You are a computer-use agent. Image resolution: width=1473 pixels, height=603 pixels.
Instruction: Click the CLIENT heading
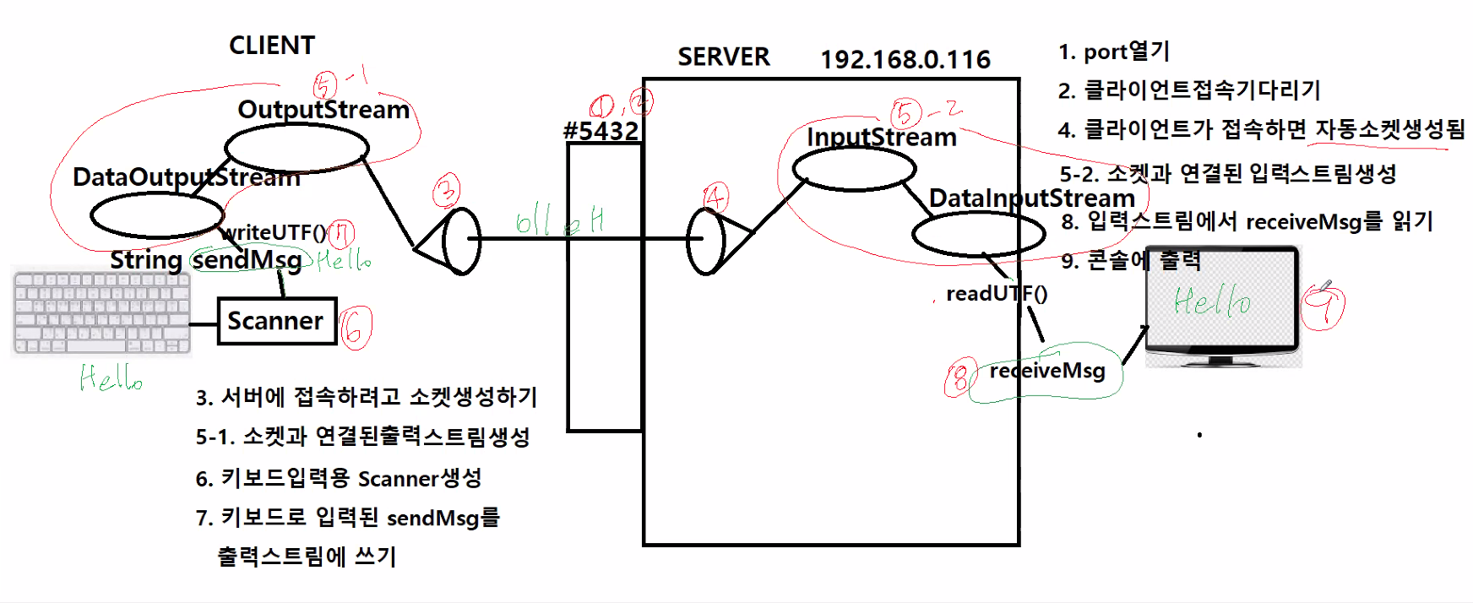coord(272,46)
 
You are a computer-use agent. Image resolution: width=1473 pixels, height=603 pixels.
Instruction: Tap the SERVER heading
coord(724,57)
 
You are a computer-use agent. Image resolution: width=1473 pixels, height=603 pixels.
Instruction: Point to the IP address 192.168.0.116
coord(905,59)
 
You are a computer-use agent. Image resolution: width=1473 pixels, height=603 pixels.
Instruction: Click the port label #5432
coord(601,131)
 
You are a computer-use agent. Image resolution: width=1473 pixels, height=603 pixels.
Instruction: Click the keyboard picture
coord(101,312)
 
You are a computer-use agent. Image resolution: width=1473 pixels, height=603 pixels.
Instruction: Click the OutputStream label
coord(323,110)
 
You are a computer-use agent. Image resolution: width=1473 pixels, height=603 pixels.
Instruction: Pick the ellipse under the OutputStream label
coord(296,148)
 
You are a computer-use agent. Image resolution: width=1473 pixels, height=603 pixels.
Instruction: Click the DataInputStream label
coord(1031,198)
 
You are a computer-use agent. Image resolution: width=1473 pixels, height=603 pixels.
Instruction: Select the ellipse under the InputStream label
coord(854,168)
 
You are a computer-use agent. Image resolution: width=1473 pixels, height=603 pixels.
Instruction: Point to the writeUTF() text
coord(274,232)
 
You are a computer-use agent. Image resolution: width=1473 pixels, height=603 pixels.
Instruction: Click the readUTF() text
coord(996,294)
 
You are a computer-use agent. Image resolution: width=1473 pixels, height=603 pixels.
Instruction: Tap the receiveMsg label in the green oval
coord(1047,371)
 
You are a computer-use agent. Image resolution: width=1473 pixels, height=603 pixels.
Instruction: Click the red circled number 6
coord(356,326)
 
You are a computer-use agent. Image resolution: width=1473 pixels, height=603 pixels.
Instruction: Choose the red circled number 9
coord(1324,306)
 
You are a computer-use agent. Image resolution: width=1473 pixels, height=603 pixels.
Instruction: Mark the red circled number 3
coord(447,191)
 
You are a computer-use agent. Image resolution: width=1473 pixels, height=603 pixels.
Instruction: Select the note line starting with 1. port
coord(1113,52)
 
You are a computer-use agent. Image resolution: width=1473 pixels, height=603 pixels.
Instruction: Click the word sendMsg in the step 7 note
coord(433,518)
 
